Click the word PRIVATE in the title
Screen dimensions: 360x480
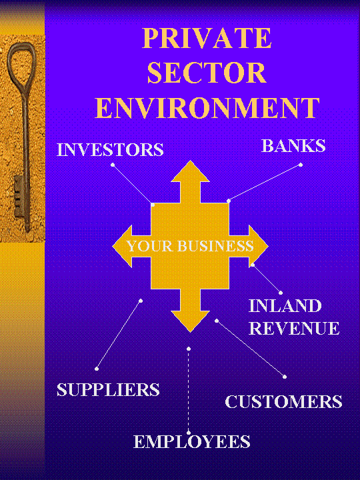tap(207, 38)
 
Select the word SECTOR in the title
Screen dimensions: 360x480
tap(207, 73)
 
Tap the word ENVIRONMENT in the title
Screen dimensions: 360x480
tap(207, 108)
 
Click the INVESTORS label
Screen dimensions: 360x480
tap(110, 150)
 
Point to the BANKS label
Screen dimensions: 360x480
tap(293, 146)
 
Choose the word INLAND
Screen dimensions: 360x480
tap(285, 305)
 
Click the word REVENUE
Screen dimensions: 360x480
tap(294, 328)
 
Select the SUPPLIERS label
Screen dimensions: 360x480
tap(109, 390)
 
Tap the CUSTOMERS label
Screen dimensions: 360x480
tap(283, 401)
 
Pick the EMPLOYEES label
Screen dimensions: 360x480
tap(192, 442)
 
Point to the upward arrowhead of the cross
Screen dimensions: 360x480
tap(190, 171)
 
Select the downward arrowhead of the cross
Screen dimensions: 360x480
tap(190, 321)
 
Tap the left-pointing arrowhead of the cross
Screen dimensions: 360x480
tap(123, 246)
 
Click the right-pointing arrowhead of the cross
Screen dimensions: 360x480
tap(259, 246)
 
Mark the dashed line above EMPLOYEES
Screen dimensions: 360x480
tap(189, 391)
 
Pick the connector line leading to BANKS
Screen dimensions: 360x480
tap(265, 183)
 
